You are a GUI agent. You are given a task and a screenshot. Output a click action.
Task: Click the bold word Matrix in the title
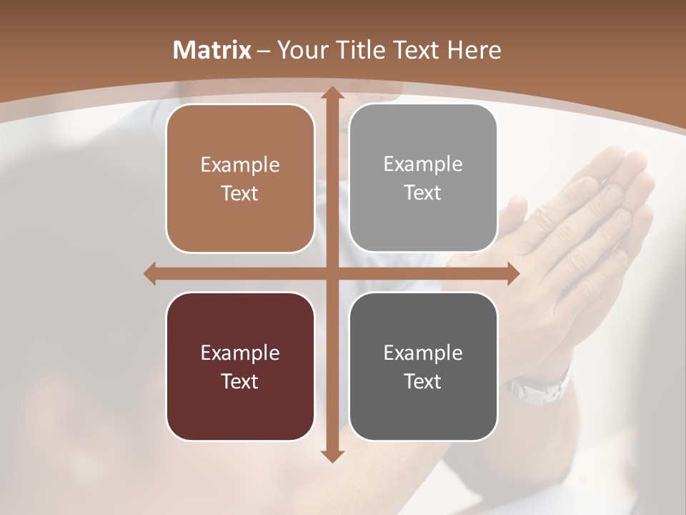[x=212, y=50]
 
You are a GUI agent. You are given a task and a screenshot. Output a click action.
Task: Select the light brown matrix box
[x=240, y=178]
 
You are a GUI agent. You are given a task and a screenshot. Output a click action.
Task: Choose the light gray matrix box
[x=423, y=178]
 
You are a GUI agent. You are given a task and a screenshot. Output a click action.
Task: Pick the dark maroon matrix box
[x=240, y=366]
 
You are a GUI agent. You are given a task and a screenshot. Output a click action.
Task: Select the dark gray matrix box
[x=423, y=366]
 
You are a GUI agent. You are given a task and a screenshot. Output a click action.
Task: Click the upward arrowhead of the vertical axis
[x=332, y=94]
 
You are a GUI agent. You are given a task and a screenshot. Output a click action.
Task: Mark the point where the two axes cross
[x=332, y=273]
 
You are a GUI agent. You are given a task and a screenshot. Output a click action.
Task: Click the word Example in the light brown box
[x=240, y=165]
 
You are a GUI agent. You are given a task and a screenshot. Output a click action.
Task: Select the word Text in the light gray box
[x=423, y=193]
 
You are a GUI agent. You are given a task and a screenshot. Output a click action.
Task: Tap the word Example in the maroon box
[x=240, y=353]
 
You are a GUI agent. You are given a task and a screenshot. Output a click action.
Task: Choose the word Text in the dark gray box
[x=423, y=381]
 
